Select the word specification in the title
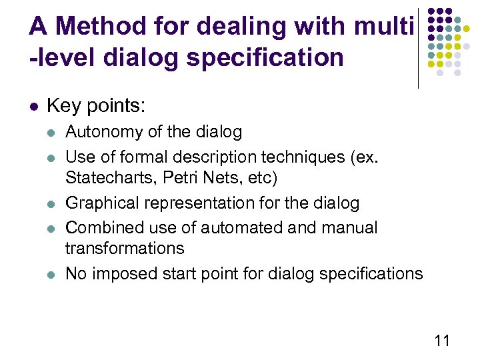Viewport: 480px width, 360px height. pyautogui.click(x=265, y=57)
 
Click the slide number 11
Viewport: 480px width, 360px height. pyautogui.click(x=442, y=341)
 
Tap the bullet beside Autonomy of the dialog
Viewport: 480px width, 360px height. pyautogui.click(x=51, y=133)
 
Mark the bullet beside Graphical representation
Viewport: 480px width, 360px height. pyautogui.click(x=51, y=203)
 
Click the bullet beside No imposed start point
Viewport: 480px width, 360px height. pyautogui.click(x=51, y=274)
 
